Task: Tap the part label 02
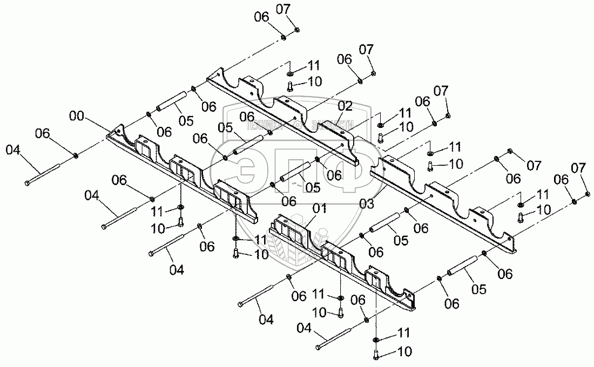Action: tap(345, 106)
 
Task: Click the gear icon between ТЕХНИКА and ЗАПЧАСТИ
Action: tap(296, 125)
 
